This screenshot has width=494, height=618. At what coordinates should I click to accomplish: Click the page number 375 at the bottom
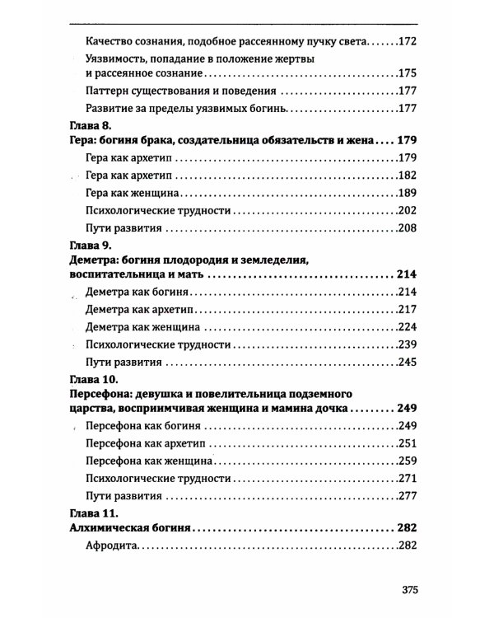pos(412,589)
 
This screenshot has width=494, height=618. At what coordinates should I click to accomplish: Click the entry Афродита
pos(112,546)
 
